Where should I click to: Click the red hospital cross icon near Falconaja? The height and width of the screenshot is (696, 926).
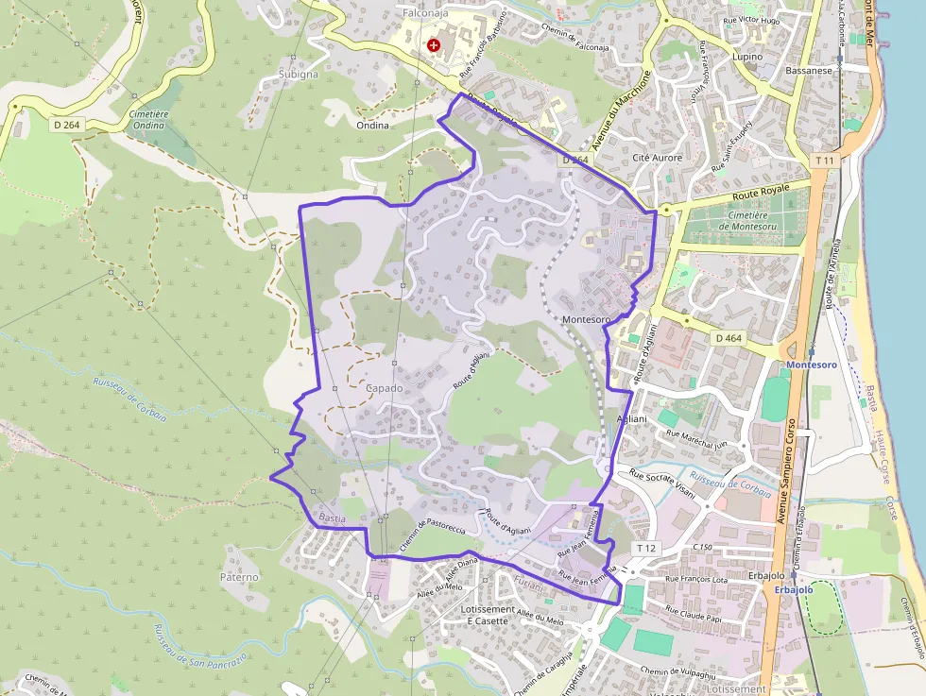tap(434, 44)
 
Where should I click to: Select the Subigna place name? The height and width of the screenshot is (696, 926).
tap(299, 73)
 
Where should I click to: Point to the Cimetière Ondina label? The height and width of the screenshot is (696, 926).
tap(148, 119)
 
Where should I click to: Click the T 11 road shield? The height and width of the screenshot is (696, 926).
tap(824, 161)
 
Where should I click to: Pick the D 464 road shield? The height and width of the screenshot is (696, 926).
tap(729, 337)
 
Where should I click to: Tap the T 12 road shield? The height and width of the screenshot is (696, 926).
tap(645, 548)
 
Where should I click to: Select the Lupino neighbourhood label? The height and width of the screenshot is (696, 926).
tap(747, 57)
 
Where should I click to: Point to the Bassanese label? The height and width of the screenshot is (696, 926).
tap(809, 70)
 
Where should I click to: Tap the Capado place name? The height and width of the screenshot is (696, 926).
tap(384, 388)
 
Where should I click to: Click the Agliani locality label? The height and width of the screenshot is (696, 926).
tap(631, 418)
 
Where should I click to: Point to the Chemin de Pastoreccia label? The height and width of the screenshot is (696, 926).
tap(435, 534)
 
